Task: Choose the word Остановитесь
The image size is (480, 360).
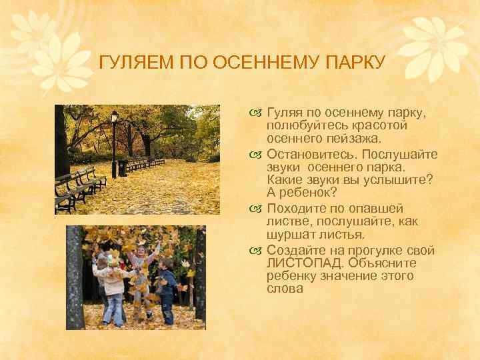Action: tap(311, 155)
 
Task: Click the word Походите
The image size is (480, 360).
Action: tap(298, 209)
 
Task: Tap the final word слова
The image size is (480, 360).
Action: tap(285, 289)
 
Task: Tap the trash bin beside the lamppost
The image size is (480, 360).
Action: tap(123, 167)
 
